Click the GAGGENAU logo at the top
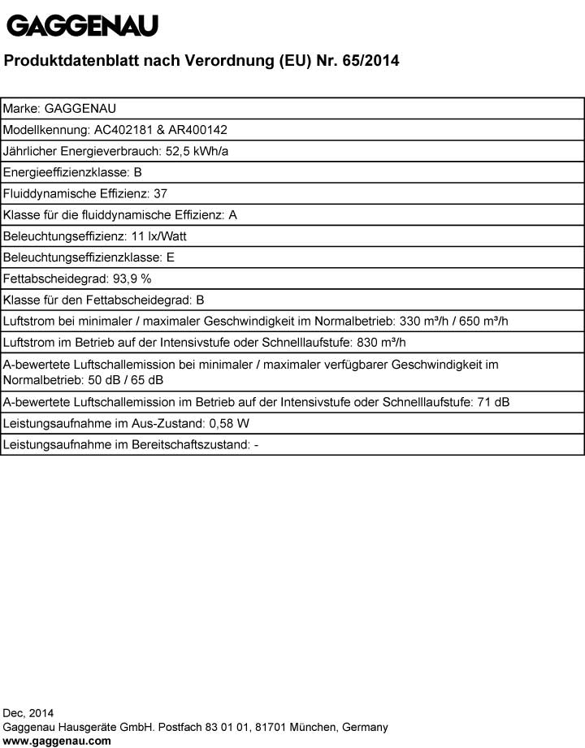(82, 26)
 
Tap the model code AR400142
(199, 129)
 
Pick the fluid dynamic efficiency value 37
(160, 193)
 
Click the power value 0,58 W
(231, 423)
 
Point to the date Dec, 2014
(28, 713)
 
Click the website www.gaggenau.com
(57, 741)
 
